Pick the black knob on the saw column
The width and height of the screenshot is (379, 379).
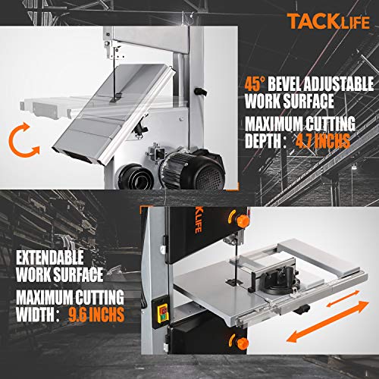[x=201, y=92]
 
